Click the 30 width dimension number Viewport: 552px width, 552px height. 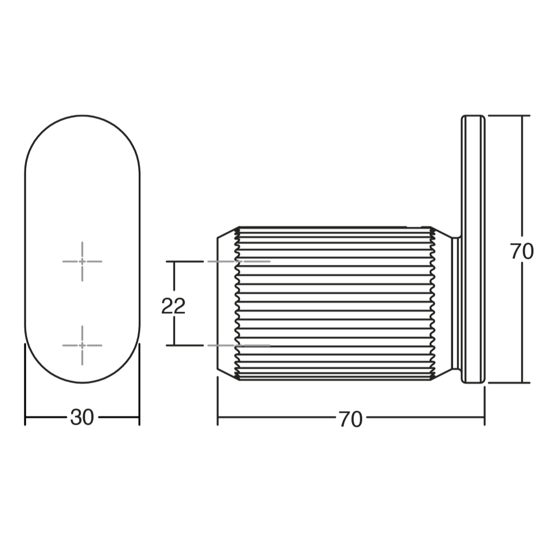[82, 418]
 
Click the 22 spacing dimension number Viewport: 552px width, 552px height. [173, 306]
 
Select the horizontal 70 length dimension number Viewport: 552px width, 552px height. [351, 419]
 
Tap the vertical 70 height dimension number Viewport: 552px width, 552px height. [522, 252]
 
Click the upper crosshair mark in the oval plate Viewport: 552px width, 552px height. [82, 261]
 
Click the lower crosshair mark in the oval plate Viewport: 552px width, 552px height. [82, 345]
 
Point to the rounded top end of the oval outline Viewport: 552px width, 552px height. [82, 115]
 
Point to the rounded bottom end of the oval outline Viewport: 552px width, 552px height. [82, 382]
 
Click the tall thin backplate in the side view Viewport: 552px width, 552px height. [473, 249]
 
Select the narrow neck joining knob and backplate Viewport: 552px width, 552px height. [456, 303]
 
